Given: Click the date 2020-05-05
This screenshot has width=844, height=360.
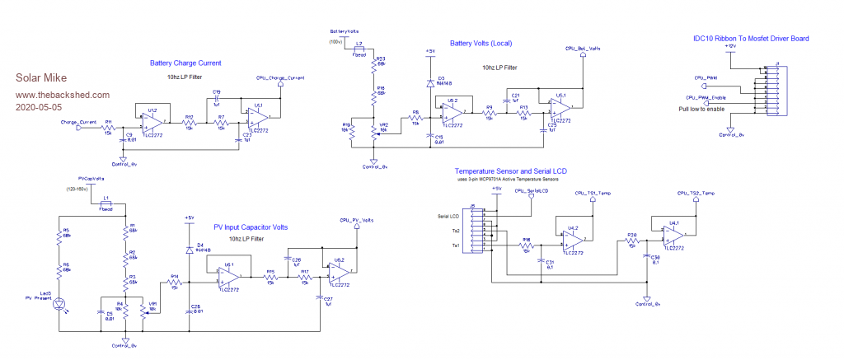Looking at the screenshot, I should (x=39, y=107).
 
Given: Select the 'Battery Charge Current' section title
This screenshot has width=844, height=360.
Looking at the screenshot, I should (x=185, y=63).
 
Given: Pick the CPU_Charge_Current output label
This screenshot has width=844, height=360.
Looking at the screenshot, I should (x=280, y=78).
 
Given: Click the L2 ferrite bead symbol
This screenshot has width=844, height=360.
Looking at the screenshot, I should (x=360, y=49).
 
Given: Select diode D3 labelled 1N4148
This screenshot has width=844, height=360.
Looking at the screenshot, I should (x=430, y=83).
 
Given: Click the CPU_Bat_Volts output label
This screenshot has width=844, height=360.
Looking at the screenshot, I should (x=582, y=49).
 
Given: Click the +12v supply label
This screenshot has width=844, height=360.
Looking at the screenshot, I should (x=729, y=48).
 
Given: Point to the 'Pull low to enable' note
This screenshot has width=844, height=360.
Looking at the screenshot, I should (x=702, y=109).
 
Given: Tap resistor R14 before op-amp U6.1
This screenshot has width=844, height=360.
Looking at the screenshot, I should (x=175, y=281).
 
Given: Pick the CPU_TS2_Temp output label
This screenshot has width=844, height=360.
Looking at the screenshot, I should (x=696, y=193).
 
